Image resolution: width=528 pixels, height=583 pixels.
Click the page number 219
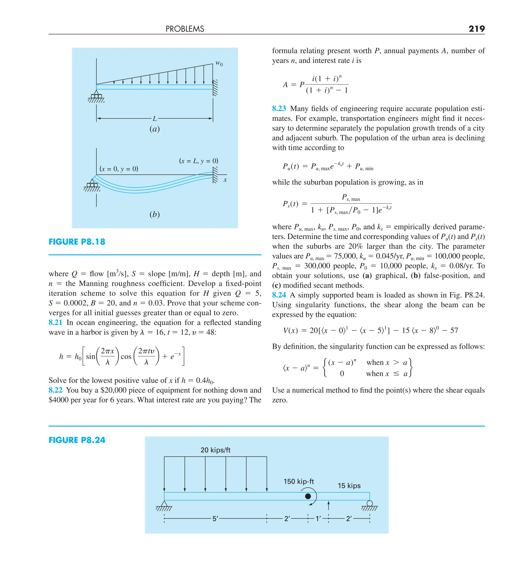coord(476,29)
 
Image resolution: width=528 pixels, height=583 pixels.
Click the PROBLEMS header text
coord(185,29)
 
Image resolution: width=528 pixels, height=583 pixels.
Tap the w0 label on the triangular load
coord(219,63)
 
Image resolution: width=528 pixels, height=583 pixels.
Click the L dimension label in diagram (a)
coord(155,119)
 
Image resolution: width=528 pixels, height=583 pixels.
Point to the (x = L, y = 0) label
coord(199,161)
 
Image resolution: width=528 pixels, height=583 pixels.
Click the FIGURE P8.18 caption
coord(77,242)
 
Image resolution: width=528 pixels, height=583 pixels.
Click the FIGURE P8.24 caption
coord(77,440)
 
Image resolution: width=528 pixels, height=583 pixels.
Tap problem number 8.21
coord(55,322)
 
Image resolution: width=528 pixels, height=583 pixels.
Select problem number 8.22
coord(55,390)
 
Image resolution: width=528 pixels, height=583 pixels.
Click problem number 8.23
coord(279,109)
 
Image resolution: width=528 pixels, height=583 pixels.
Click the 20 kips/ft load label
coord(215,450)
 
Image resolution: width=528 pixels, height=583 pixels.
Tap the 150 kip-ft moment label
coord(299,481)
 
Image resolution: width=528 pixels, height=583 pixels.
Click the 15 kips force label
coord(349,486)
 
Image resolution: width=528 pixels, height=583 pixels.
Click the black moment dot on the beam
coord(308,496)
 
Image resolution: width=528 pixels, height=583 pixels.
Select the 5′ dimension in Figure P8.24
coord(215,519)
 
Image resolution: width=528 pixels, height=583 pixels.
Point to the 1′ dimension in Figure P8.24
coord(318,519)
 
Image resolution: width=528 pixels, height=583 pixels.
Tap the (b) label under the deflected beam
coord(154,214)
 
